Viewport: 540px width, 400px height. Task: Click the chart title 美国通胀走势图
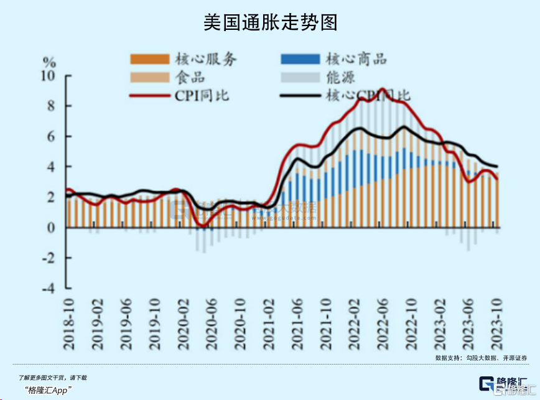coord(270,22)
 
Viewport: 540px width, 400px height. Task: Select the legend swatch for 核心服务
coord(149,59)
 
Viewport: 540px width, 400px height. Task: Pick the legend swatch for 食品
coord(149,78)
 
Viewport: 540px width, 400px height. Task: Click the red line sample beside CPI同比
coord(149,96)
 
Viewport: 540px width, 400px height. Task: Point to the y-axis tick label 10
coord(48,76)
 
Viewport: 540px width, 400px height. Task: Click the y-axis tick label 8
coord(52,106)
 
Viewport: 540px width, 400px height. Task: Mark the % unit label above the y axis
coord(49,62)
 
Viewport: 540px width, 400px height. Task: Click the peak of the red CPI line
coord(382,90)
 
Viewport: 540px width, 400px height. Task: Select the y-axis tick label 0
coord(52,228)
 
